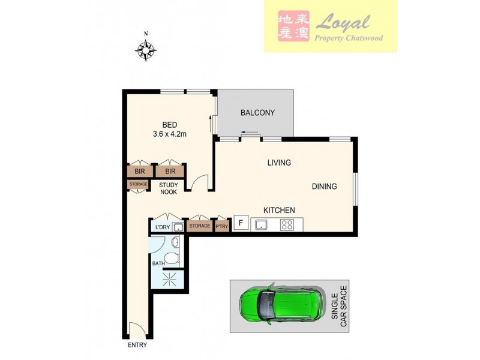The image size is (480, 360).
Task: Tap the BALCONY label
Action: (x=257, y=113)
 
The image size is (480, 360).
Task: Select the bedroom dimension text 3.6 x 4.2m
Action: (x=170, y=134)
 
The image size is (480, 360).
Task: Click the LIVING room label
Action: (x=279, y=163)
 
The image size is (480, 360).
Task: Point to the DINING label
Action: (x=324, y=187)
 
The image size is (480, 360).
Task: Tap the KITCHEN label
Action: (x=280, y=210)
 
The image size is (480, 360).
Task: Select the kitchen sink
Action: (x=262, y=225)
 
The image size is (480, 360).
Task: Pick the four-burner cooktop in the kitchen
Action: (x=287, y=225)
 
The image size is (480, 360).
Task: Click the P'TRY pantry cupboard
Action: (x=222, y=226)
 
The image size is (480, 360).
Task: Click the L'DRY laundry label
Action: (x=162, y=227)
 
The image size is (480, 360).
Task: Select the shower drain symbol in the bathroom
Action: (x=169, y=277)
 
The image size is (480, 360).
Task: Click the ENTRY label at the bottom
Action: (x=137, y=345)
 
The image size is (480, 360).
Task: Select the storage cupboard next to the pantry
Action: (x=199, y=226)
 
